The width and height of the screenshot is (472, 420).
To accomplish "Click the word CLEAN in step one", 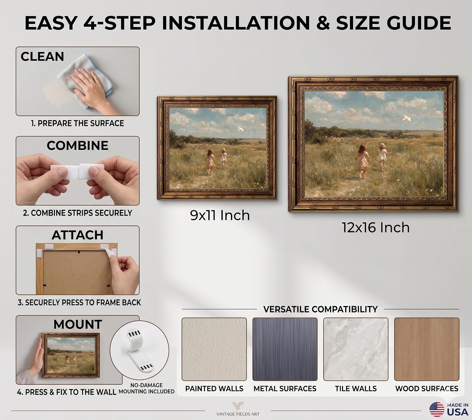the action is coord(42,57).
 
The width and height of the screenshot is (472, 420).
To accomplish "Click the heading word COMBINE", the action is coord(78,145).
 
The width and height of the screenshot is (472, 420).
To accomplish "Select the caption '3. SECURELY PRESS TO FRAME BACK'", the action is coord(79,303).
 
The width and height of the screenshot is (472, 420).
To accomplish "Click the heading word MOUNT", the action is coord(78,324).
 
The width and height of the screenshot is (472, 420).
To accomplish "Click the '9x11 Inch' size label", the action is coord(220,215).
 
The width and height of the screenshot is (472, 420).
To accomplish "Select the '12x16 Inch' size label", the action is coord(375,227).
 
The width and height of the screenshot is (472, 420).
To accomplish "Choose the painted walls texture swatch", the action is coord(214,349).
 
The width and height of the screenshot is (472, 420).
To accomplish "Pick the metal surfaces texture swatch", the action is coord(285,349).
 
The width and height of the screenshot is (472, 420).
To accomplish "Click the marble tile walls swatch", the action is coord(356,349).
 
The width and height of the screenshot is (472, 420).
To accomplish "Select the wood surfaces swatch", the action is coord(427,349).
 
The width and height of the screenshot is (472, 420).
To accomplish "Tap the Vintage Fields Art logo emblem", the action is coord(238,406).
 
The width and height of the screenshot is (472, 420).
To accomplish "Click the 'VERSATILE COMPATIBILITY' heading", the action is coord(320,309).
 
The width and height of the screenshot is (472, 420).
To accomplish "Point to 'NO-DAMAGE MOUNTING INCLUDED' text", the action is coord(147,389).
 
